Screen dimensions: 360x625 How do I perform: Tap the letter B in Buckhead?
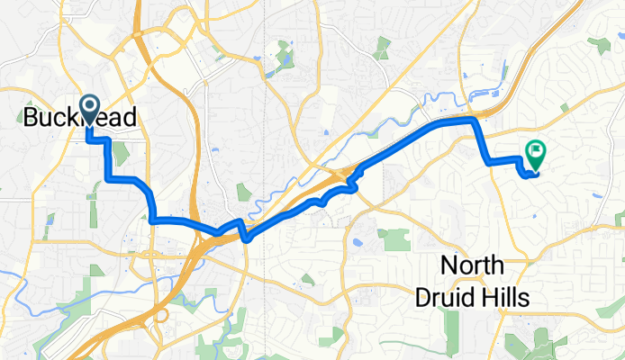tap(29, 118)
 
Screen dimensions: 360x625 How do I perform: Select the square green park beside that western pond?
tap(394, 239)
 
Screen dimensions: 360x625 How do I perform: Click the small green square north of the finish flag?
tap(563, 108)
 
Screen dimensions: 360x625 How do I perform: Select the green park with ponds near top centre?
tap(285, 57)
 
